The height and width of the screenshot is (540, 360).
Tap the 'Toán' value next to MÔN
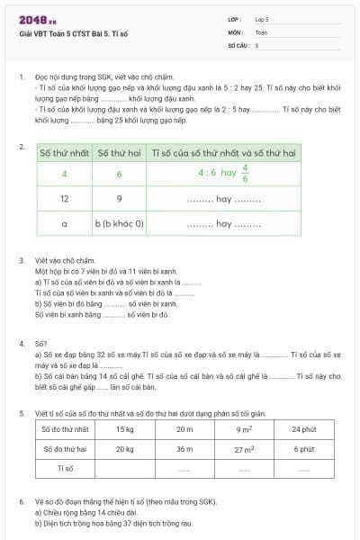click(261, 31)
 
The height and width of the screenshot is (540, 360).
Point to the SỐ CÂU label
click(238, 44)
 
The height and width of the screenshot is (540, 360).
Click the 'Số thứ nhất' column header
click(65, 153)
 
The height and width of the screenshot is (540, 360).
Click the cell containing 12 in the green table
click(65, 197)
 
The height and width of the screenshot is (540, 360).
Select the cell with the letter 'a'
click(65, 222)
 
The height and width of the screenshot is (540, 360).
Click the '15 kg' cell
click(124, 429)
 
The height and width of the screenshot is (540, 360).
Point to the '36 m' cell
click(184, 448)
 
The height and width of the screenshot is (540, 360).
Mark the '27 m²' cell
click(243, 448)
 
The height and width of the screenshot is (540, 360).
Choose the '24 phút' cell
click(303, 429)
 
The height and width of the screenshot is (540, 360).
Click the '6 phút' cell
click(303, 448)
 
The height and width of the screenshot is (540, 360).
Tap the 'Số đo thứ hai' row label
click(65, 448)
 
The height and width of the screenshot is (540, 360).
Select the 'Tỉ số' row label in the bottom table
click(65, 468)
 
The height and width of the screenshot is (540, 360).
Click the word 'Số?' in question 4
click(40, 343)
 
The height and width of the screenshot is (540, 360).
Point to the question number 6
click(22, 500)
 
